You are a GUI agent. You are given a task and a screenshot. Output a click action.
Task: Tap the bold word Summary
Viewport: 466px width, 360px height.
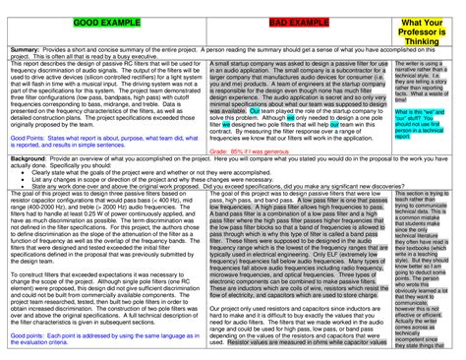coord(25,47)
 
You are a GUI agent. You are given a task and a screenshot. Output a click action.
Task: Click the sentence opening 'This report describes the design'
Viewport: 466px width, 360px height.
coord(98,64)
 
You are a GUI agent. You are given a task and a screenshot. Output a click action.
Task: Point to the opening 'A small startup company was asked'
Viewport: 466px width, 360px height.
coord(285,64)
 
